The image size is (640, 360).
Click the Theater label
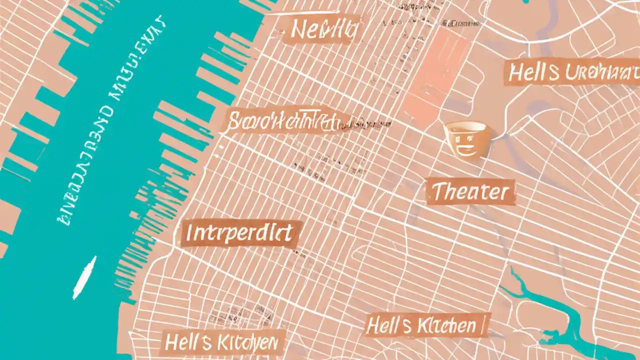coord(470,192)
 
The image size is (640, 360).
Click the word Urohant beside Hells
coord(600,73)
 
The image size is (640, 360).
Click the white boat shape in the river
coord(84,277)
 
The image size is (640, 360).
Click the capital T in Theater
coord(437,192)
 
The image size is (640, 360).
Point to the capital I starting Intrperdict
coord(189,233)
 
